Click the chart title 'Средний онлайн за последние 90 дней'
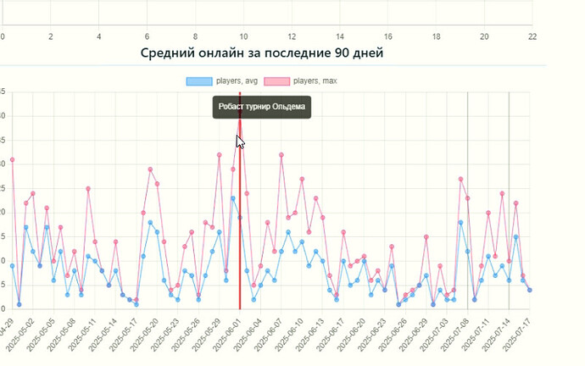pos(262,53)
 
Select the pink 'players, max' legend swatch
pos(276,81)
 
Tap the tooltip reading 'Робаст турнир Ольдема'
pos(261,108)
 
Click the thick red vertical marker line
pos(240,254)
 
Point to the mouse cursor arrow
pos(240,141)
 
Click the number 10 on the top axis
pos(243,37)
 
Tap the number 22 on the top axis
pos(532,37)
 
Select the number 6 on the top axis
pos(148,37)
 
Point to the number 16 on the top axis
pos(388,37)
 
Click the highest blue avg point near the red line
pos(233,198)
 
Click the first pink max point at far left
pos(12,160)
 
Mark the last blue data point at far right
pos(530,290)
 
